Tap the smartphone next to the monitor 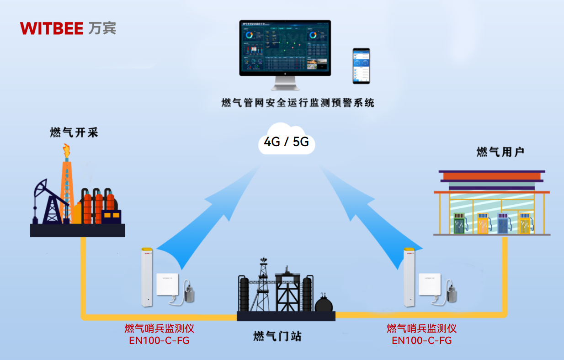pyautogui.click(x=361, y=66)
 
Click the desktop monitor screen pyautogui.click(x=285, y=47)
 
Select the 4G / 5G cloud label pyautogui.click(x=287, y=142)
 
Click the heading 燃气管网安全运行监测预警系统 pyautogui.click(x=298, y=103)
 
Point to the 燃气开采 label pyautogui.click(x=74, y=133)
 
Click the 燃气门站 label pyautogui.click(x=277, y=337)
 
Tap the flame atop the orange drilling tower pyautogui.click(x=67, y=151)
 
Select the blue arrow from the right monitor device pyautogui.click(x=361, y=215)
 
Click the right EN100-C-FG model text pyautogui.click(x=422, y=340)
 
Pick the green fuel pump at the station pyautogui.click(x=460, y=224)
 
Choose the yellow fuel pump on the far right pyautogui.click(x=527, y=224)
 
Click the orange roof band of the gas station pyautogui.click(x=491, y=176)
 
